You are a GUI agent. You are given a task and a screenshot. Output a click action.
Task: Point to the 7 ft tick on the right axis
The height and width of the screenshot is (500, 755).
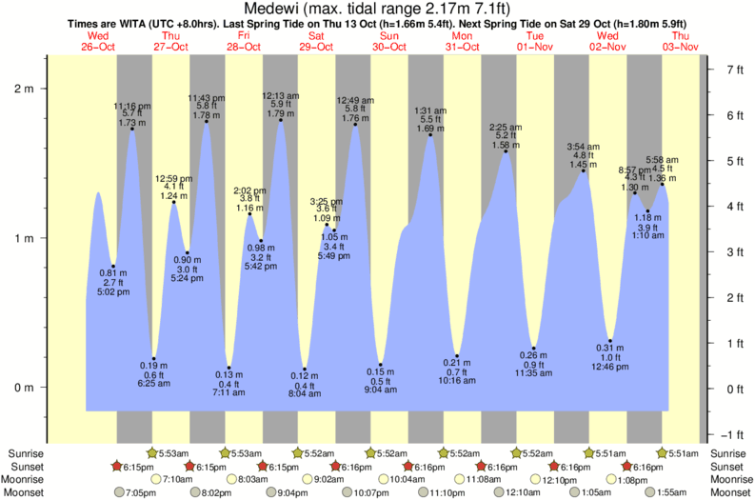(734, 70)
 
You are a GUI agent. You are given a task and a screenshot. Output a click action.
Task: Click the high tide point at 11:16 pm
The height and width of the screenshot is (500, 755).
(131, 128)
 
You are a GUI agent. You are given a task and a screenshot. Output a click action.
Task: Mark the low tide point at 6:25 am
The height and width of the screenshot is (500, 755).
(153, 359)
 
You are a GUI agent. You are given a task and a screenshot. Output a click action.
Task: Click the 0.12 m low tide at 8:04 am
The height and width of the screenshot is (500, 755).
(305, 370)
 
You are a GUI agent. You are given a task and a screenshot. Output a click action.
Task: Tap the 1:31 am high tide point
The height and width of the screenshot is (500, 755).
(430, 134)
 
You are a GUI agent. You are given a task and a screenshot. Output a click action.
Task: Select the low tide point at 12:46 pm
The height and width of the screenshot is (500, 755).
(610, 341)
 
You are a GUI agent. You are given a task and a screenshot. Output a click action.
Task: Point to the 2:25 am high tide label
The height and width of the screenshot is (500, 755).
(505, 127)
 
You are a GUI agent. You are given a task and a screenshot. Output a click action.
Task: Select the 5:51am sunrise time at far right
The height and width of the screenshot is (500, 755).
(682, 452)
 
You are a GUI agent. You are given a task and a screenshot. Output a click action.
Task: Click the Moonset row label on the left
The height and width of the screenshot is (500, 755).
(25, 492)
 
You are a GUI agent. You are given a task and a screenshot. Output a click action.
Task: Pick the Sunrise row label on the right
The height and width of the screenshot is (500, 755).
(729, 452)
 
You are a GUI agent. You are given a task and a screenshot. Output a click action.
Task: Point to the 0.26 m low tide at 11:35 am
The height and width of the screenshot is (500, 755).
(534, 349)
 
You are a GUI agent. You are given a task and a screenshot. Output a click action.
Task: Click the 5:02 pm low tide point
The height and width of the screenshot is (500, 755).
(113, 266)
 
